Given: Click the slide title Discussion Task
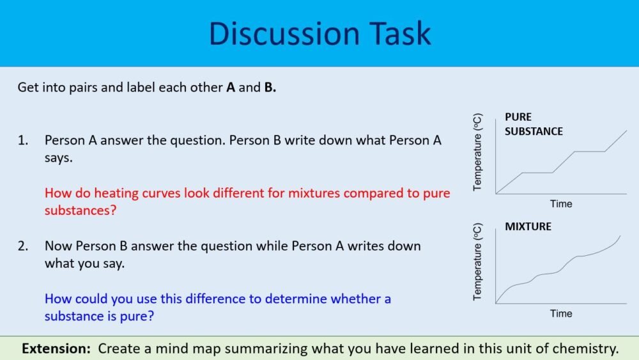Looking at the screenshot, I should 319,33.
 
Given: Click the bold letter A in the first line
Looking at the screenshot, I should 230,88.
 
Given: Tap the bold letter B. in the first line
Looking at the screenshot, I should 270,88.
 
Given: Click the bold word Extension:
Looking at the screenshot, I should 57,348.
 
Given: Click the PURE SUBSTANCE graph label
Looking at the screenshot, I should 533,124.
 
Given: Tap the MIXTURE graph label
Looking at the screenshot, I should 528,226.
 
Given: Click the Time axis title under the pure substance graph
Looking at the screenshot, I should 561,204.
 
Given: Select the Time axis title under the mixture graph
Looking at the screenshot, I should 561,313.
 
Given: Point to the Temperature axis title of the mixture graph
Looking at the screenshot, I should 477,262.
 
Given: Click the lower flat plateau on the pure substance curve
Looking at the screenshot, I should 538,173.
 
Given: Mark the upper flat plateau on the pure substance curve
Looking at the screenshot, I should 589,152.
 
